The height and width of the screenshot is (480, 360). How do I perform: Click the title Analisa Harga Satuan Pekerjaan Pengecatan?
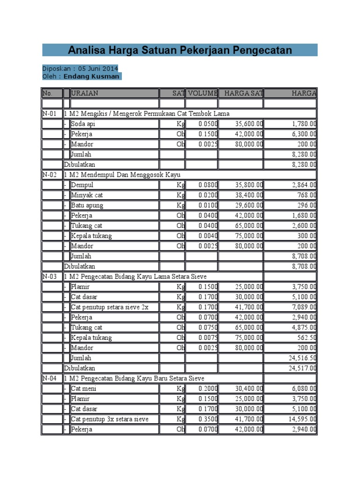click(180, 50)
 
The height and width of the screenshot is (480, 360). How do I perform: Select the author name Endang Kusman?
click(91, 76)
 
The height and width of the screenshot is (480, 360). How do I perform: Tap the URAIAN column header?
click(85, 93)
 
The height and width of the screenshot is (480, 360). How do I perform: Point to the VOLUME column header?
click(202, 93)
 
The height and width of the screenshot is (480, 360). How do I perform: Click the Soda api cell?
click(82, 124)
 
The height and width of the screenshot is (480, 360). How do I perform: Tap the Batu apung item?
click(87, 205)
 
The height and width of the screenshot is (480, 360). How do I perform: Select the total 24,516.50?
click(300, 358)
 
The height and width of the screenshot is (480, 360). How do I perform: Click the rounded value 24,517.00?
click(300, 368)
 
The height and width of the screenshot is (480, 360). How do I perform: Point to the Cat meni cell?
click(84, 389)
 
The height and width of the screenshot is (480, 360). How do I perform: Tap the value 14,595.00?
click(300, 419)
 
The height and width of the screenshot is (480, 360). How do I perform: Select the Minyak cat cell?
click(87, 195)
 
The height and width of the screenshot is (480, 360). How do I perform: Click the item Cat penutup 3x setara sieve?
click(110, 419)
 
